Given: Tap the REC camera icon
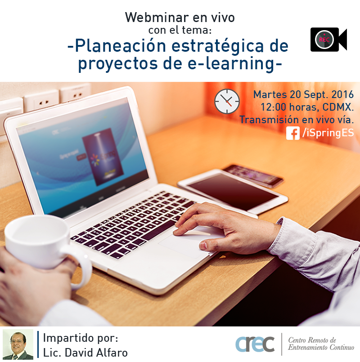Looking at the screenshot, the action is coord(328,40).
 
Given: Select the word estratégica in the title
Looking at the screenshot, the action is coord(217,46).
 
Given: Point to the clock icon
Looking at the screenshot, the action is coord(227,101).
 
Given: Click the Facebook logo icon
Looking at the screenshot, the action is coord(293,133).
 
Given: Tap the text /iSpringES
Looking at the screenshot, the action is coord(328,133).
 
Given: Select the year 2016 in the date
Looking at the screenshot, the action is coord(342,94).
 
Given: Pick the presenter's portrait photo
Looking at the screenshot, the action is coord(18,344).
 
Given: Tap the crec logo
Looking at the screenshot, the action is coord(255,344).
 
